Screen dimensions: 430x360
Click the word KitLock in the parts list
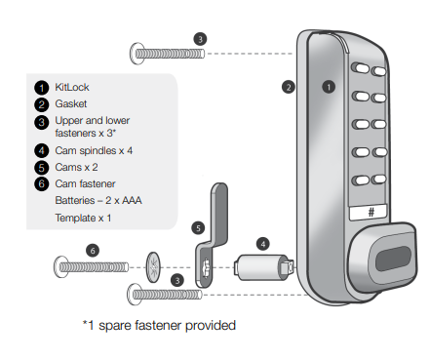coord(72,87)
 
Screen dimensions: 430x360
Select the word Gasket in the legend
coord(71,104)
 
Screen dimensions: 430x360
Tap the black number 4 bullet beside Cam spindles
coord(42,150)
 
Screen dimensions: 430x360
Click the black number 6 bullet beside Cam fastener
coord(42,183)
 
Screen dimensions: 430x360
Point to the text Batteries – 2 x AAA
coord(98,200)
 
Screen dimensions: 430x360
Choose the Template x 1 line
coord(83,218)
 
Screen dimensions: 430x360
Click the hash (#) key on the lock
coord(369,213)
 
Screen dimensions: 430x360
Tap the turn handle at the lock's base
coord(383,257)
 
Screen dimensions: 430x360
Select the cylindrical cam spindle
coord(264,267)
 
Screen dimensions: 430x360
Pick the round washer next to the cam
coord(153,267)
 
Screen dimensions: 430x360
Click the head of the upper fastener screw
coord(137,54)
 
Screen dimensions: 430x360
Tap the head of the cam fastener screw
coord(61,267)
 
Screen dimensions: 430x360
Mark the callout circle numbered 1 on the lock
coord(329,87)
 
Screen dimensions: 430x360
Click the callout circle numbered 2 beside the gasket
coord(289,87)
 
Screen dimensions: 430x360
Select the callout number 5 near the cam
coord(198,228)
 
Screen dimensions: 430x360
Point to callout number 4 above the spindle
coord(263,244)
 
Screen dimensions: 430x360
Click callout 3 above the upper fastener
coord(200,39)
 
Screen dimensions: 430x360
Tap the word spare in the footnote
coord(115,326)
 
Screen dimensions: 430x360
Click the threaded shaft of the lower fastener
coord(168,295)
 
